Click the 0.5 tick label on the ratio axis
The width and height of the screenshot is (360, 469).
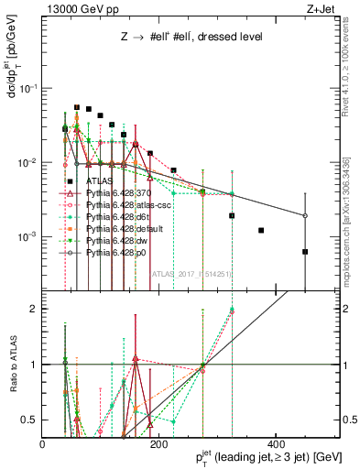[33, 420]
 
